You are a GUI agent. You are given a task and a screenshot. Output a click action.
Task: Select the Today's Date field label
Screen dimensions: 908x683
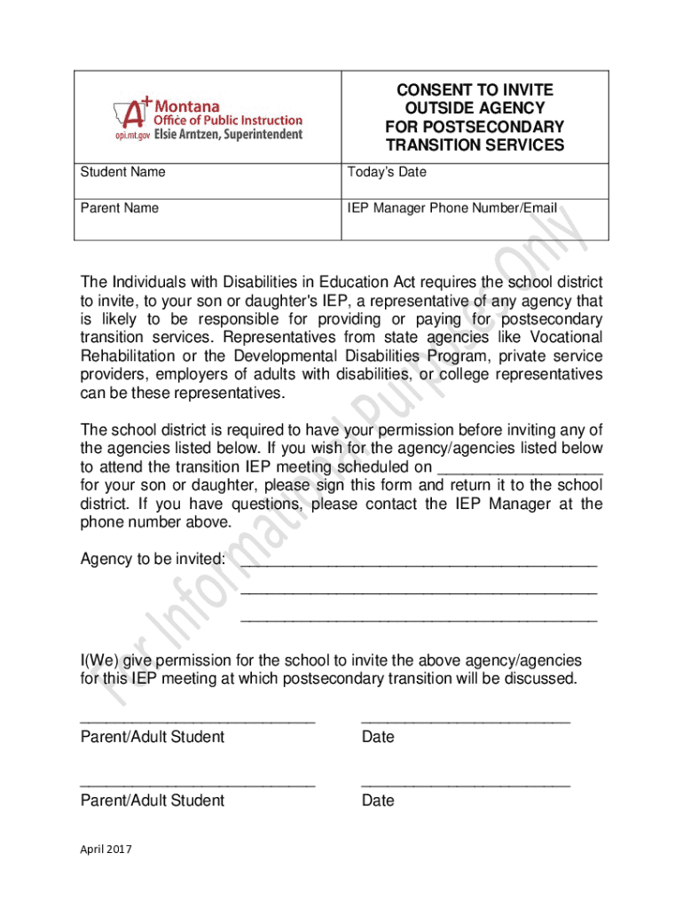(x=387, y=172)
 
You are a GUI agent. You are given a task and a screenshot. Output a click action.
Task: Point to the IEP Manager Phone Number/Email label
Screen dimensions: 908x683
(x=452, y=207)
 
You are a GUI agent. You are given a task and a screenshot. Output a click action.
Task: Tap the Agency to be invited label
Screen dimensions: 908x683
(x=153, y=560)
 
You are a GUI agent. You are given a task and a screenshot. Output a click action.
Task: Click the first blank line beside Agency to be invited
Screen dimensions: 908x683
(x=419, y=563)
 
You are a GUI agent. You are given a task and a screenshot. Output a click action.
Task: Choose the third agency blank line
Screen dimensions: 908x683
(x=419, y=620)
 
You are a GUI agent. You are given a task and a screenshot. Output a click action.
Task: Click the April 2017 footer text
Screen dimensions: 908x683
(x=106, y=849)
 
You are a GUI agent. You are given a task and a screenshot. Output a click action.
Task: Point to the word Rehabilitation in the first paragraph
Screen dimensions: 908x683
(x=127, y=356)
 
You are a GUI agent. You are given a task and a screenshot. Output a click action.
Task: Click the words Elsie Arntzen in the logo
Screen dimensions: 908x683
(x=186, y=135)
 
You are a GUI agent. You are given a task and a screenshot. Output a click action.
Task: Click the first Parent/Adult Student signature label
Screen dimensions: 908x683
(x=153, y=737)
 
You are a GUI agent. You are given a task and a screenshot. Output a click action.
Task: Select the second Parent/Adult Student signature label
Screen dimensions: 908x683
(x=153, y=801)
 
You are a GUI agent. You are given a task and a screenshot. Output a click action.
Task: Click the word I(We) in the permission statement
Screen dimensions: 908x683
(x=98, y=661)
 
